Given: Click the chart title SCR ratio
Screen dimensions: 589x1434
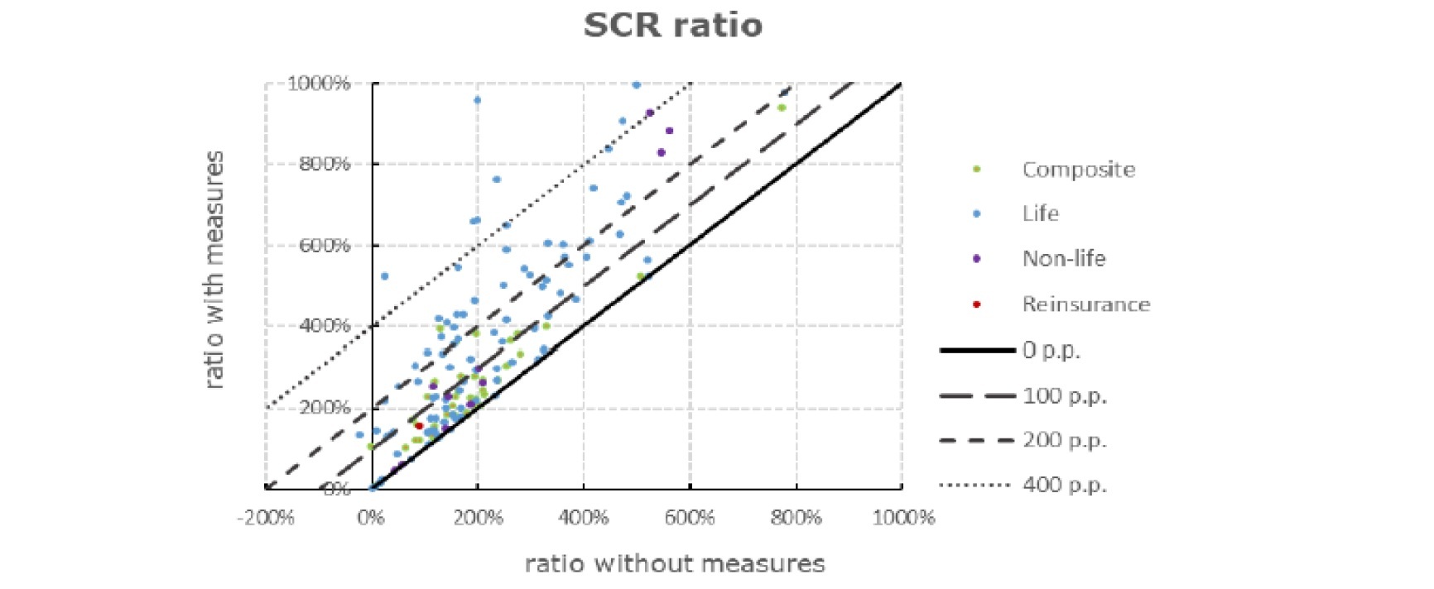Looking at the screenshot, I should pyautogui.click(x=672, y=25).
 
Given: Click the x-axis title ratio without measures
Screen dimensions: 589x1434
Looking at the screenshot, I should pyautogui.click(x=675, y=564).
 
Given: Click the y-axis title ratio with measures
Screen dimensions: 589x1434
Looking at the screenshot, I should pyautogui.click(x=214, y=270).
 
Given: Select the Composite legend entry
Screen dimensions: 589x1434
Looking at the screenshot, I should pyautogui.click(x=1078, y=170).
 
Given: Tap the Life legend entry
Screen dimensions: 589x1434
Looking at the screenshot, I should pyautogui.click(x=1040, y=213).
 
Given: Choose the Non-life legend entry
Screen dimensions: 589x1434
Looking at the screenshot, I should pyautogui.click(x=1063, y=258).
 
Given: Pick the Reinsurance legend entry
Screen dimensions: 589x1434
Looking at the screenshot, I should pyautogui.click(x=1085, y=304).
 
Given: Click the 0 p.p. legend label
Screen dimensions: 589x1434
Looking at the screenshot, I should pyautogui.click(x=1051, y=350).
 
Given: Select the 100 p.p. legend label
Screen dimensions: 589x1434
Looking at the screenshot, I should pyautogui.click(x=1064, y=395).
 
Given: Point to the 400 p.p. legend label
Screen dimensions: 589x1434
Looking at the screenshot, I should pyautogui.click(x=1064, y=485).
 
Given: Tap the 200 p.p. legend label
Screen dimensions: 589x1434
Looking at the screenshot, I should pyautogui.click(x=1064, y=440).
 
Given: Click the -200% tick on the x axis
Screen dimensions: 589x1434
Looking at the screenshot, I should pyautogui.click(x=266, y=519).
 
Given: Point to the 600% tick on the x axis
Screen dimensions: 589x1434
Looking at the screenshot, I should pyautogui.click(x=690, y=519).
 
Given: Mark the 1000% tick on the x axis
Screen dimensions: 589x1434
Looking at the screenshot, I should pyautogui.click(x=903, y=519).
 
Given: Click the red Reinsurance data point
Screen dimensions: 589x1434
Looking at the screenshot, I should pyautogui.click(x=419, y=426).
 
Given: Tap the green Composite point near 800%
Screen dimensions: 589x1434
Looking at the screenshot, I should pyautogui.click(x=781, y=108).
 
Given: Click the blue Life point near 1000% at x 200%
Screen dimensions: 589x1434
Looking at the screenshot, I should pyautogui.click(x=477, y=100).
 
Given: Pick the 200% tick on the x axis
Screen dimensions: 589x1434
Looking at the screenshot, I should pyautogui.click(x=478, y=519).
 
